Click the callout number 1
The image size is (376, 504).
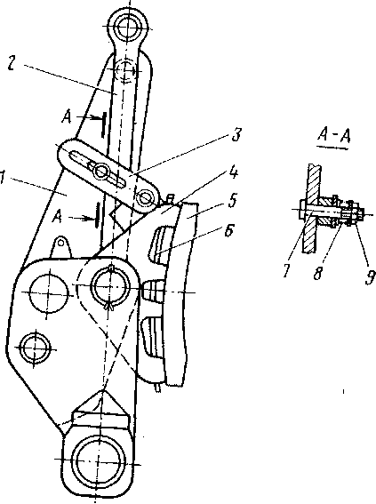point(3,179)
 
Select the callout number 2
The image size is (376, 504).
point(12,64)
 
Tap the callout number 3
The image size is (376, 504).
point(236,135)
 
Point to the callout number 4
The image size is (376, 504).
point(234,173)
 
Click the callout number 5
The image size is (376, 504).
point(232,200)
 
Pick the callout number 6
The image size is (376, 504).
point(228,230)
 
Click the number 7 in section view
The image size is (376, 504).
point(287,270)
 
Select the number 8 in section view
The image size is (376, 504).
point(318,273)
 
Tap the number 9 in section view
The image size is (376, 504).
point(371,276)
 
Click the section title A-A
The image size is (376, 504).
point(333,137)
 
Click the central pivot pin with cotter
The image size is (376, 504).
point(110,284)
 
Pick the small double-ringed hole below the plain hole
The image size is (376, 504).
point(35,348)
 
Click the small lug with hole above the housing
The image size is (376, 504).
point(60,245)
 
